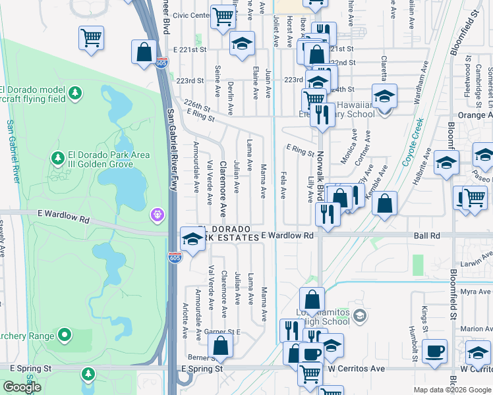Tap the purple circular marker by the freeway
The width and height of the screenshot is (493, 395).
[157, 215]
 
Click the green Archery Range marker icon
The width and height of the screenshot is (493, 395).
[65, 336]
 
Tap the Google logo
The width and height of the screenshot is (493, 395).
[22, 387]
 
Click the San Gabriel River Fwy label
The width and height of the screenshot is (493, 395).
[173, 158]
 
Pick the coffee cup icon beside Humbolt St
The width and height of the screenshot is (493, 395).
[435, 351]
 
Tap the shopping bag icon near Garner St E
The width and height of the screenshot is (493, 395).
[221, 345]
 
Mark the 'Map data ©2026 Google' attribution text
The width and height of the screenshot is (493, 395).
[452, 390]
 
